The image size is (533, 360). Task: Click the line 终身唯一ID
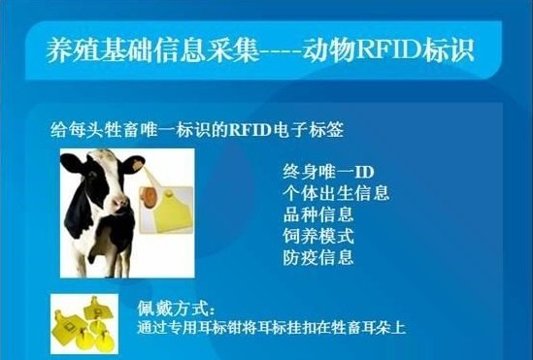coord(321,173)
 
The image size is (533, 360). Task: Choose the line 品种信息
coord(317,214)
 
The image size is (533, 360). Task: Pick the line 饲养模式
coord(317,236)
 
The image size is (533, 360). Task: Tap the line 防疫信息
coord(317,257)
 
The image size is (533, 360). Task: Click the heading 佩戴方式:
coord(175,309)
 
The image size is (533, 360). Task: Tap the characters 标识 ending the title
coord(454,51)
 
